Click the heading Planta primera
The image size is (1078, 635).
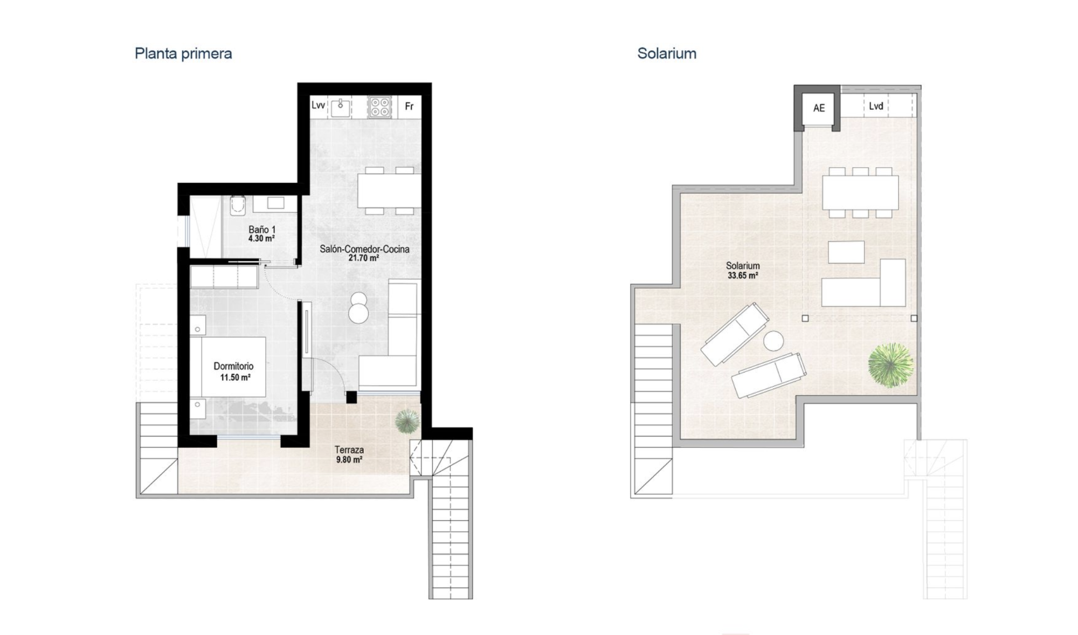coord(183,53)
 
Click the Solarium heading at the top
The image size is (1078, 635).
coord(667,53)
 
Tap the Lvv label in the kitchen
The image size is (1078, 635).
coord(318,105)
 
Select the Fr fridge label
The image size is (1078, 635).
coord(409,106)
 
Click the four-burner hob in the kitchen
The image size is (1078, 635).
coord(379,107)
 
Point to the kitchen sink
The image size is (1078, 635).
coord(341,107)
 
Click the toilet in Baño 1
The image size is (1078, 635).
coord(237,205)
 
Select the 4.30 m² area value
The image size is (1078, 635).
coord(262,238)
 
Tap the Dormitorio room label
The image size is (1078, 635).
coord(233,366)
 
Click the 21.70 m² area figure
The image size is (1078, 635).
coord(363,258)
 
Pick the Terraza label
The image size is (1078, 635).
coord(349,450)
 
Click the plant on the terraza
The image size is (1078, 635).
coord(407,421)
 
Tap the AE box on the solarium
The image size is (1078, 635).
coord(819,108)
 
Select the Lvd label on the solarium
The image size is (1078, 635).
coord(876,106)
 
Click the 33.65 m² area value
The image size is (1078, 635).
coord(743,275)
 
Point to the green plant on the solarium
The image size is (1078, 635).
coord(890,365)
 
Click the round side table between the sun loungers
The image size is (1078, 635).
coord(773,341)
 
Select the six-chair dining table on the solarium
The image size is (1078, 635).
coord(860,192)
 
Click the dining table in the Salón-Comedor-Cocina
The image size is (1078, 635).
coord(389,190)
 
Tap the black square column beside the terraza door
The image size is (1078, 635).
coord(351,397)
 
